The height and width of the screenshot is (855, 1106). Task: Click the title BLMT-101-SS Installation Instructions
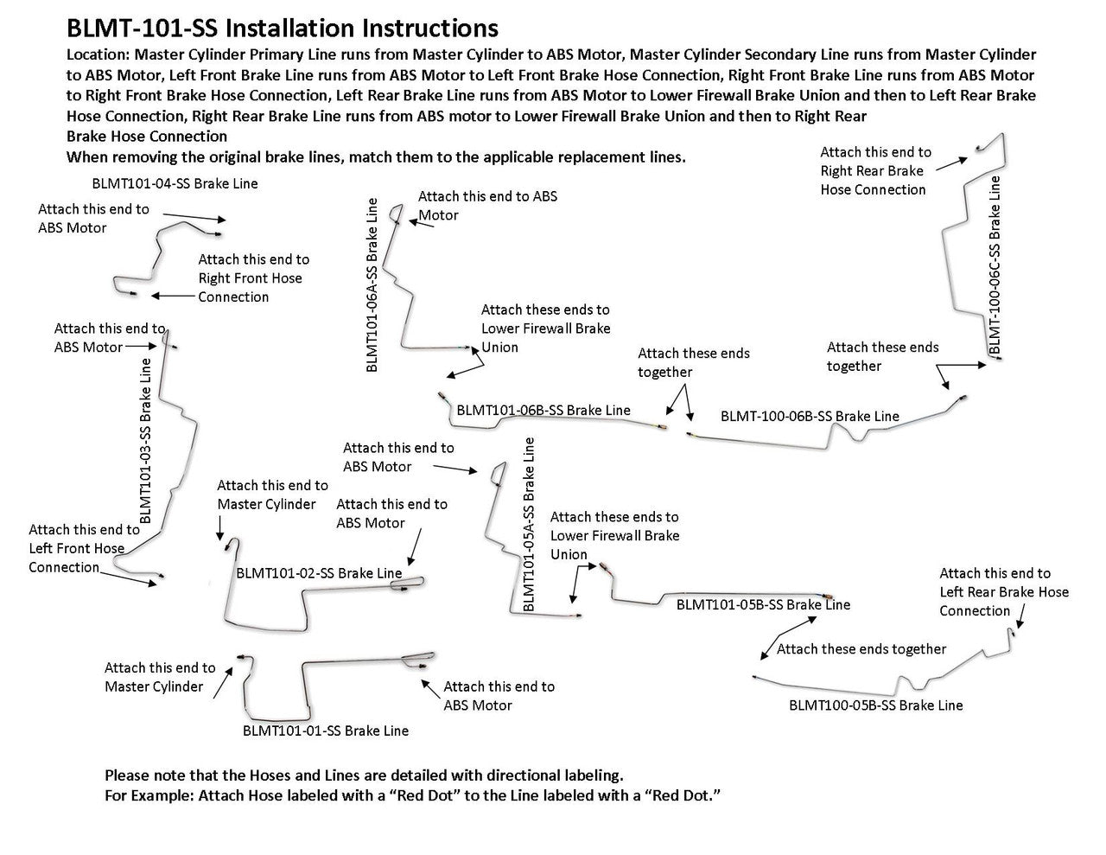coord(282,29)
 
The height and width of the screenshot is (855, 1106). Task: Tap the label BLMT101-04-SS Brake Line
coord(175,183)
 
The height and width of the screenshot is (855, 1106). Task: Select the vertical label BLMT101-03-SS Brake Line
coord(145,440)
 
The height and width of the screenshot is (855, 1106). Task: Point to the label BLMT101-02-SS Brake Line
coord(319,573)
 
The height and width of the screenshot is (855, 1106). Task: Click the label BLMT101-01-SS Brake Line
coord(326,731)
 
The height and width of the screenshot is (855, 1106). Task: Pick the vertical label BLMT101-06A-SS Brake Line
coord(372,284)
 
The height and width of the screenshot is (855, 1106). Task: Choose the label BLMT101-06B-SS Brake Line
coord(543,410)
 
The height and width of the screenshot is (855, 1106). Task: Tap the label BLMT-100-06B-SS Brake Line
coord(810,416)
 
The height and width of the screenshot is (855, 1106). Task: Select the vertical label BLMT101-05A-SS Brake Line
coord(530,525)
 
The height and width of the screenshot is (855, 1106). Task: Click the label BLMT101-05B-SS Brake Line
coord(763,604)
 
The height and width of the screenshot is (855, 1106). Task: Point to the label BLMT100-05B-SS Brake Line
coord(875,705)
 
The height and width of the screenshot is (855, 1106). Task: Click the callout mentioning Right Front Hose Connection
coord(253,278)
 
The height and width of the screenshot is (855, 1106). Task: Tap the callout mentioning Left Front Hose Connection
coord(84,548)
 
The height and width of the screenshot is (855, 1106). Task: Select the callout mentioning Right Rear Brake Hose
coord(875,170)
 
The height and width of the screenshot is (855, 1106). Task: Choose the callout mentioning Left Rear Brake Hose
coord(1003,591)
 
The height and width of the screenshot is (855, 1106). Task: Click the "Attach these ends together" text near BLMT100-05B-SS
coord(861,648)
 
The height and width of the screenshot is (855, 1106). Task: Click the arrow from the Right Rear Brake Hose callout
coord(952,161)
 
